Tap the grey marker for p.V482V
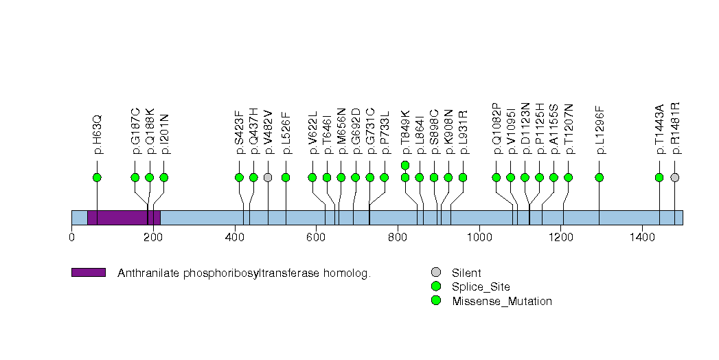(268, 177)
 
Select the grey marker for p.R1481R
(674, 177)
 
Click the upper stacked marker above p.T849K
(405, 165)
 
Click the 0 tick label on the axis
(71, 237)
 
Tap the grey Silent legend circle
(435, 273)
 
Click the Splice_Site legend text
(481, 286)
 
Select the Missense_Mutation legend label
(502, 301)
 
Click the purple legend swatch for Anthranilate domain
(88, 273)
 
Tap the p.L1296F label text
(600, 129)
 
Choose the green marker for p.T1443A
(659, 177)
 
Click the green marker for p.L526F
(286, 177)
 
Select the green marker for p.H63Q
(97, 177)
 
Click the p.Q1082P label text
(497, 128)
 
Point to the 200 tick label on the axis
(153, 237)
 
